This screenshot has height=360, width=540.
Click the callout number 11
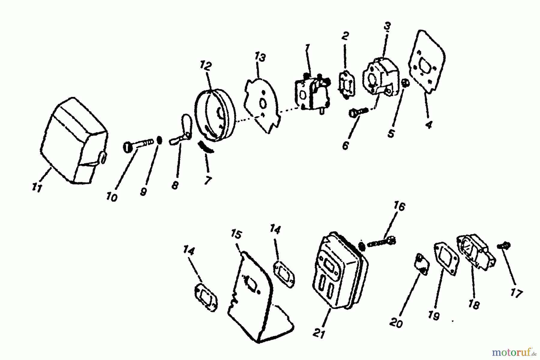click(37, 188)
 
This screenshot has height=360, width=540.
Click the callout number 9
click(143, 192)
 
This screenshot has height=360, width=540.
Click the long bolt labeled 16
click(379, 242)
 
